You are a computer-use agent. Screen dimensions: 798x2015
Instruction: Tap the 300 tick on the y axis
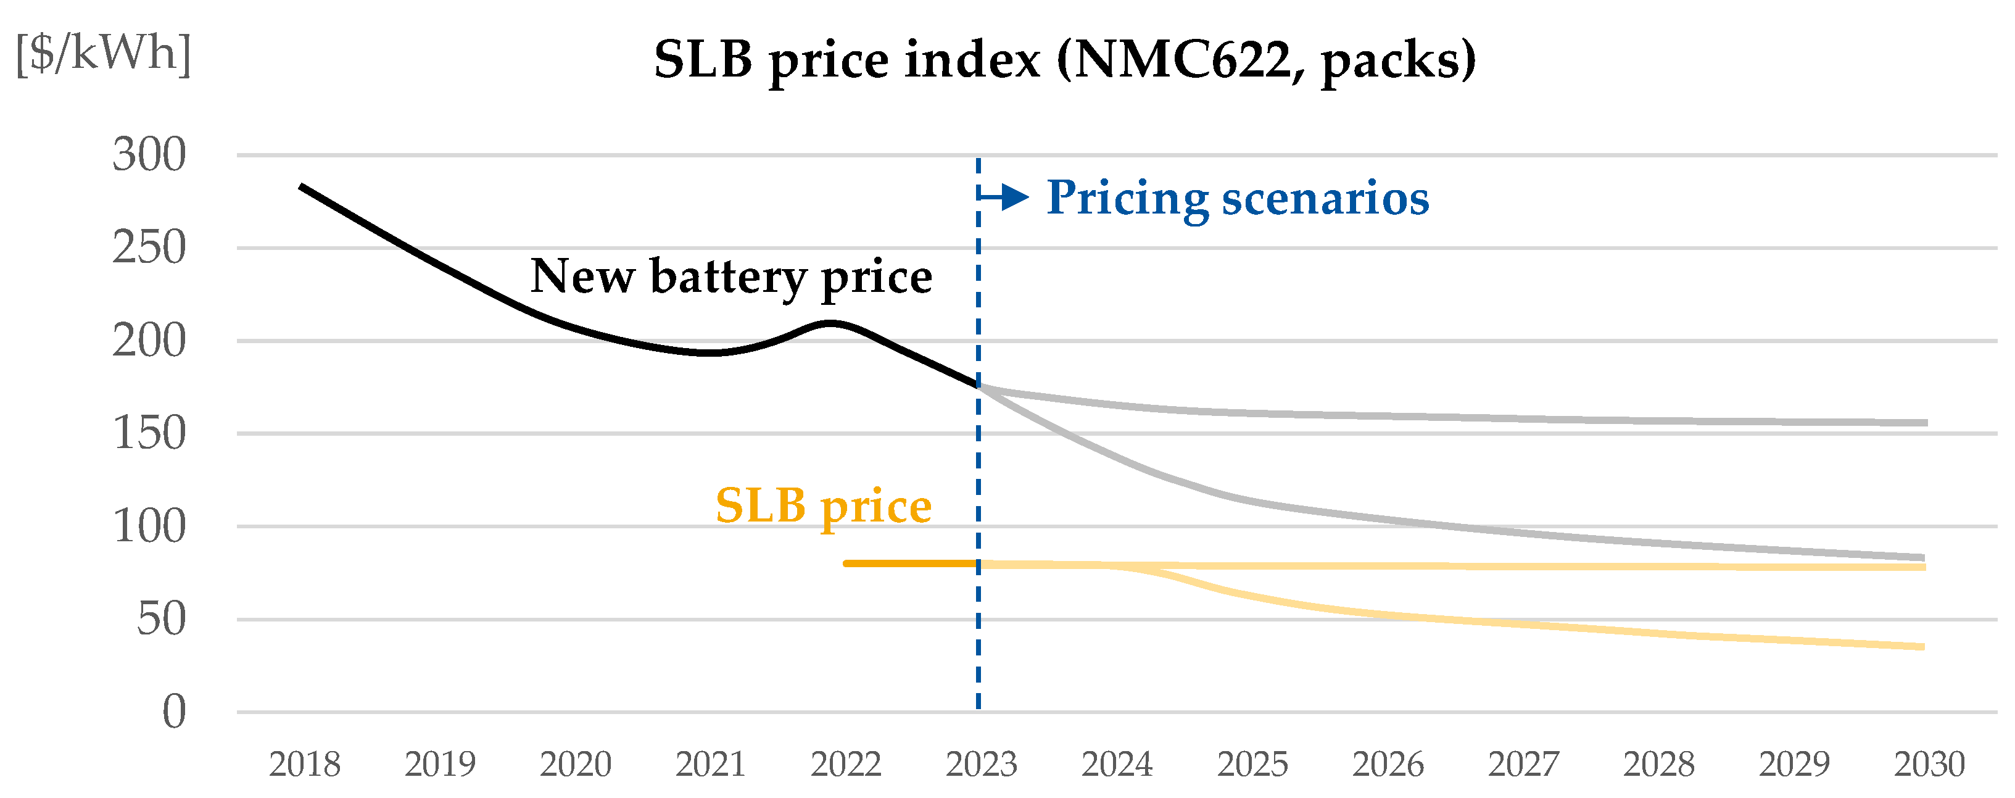[x=149, y=155]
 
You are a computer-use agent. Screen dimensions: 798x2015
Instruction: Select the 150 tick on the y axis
[x=149, y=433]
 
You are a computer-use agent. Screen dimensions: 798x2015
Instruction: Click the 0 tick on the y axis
[x=173, y=713]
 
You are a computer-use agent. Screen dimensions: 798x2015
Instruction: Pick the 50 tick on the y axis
[x=161, y=620]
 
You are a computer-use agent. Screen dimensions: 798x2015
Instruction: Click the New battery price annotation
[x=731, y=277]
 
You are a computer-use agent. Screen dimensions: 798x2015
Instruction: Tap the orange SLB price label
[x=823, y=506]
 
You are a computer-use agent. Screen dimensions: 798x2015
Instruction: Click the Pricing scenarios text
[x=1238, y=198]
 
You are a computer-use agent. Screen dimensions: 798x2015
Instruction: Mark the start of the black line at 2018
[x=302, y=186]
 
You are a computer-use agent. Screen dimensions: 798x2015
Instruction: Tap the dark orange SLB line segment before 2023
[x=911, y=563]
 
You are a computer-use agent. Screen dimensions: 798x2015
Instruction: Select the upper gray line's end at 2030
[x=1924, y=423]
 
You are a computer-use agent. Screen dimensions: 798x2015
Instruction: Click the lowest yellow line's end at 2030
[x=1922, y=647]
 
